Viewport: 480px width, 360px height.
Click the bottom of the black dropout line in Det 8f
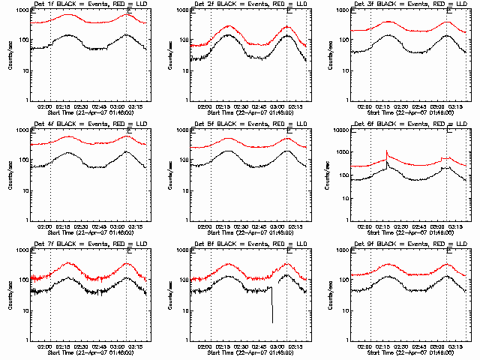[x=272, y=322]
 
